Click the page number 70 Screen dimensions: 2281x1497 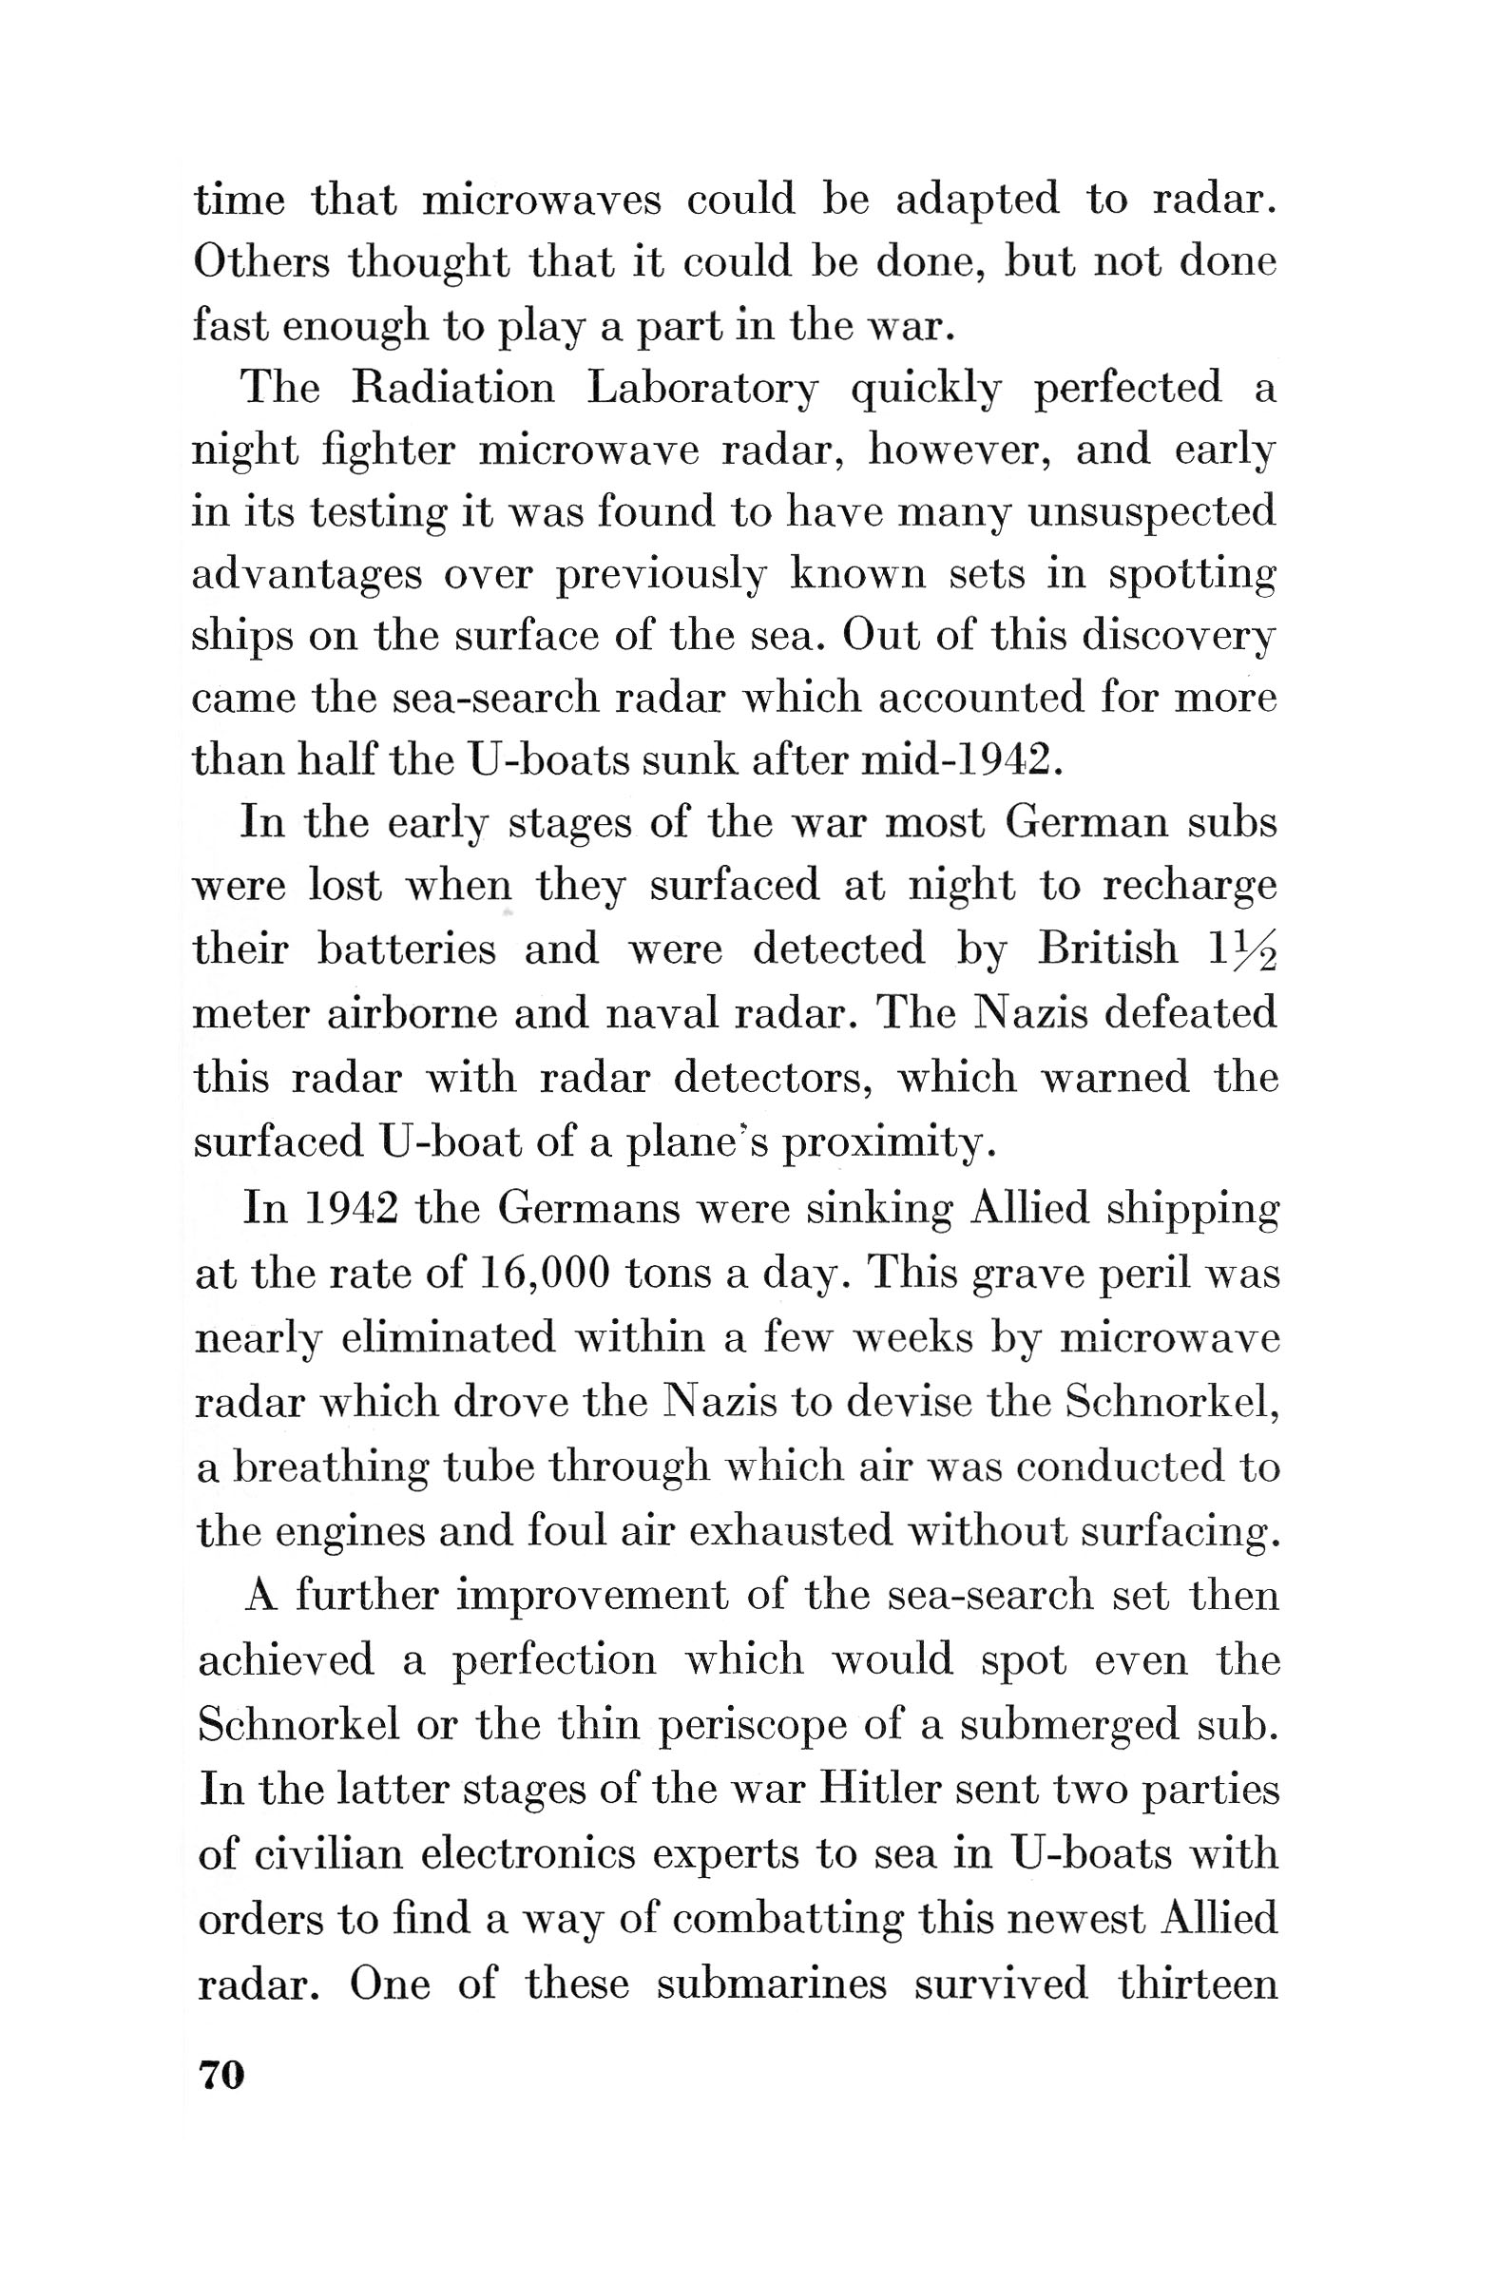coord(221,2076)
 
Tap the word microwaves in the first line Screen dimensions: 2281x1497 coord(542,200)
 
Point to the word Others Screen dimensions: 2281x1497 coord(259,261)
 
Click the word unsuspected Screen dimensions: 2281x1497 coord(1152,512)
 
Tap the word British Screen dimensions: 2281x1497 coord(1107,948)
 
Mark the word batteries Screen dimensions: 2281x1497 coord(407,949)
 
